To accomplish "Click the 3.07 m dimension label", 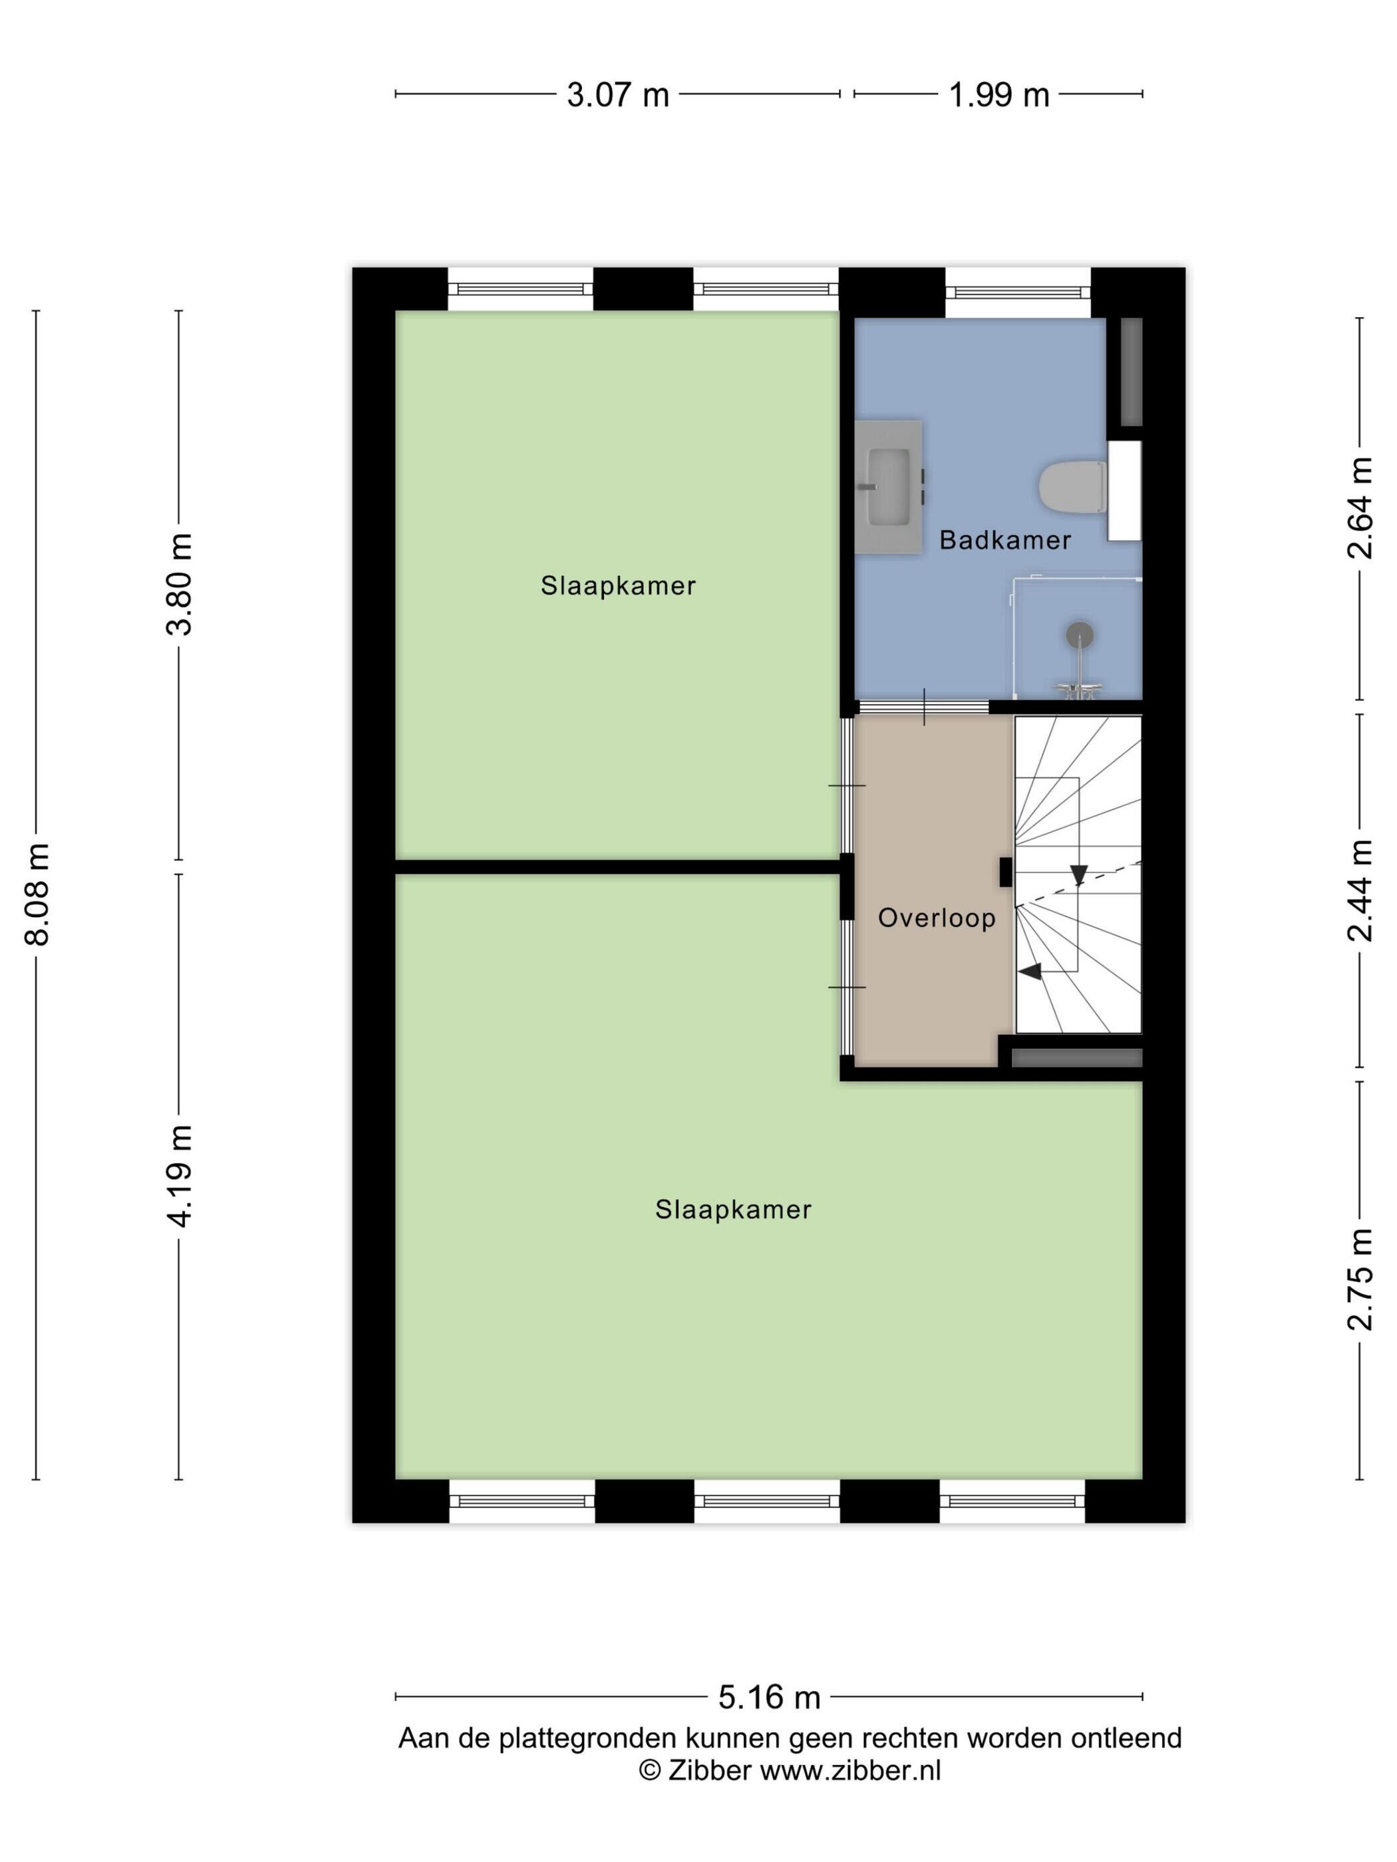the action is pos(617,94).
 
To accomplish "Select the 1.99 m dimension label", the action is pos(999,94).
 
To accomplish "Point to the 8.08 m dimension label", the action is pos(39,894).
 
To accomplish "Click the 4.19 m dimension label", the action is pos(180,1176).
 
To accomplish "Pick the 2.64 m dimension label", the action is pos(1360,509).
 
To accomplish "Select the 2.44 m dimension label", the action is pos(1360,890).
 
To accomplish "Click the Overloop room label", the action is pos(937,918).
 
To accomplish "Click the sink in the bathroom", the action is pos(888,487).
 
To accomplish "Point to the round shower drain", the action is pos(1079,634).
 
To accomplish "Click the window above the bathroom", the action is pos(1017,291).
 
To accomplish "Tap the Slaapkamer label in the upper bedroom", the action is pos(618,586).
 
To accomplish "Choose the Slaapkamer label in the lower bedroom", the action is pos(732,1210).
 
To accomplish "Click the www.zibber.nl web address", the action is pos(850,1770).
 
